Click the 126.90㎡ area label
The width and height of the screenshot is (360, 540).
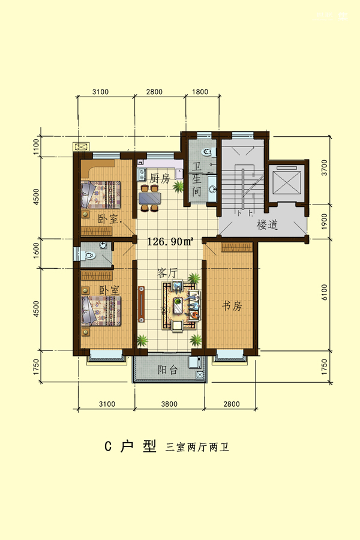[170, 241]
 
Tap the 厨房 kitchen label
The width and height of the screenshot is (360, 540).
[160, 178]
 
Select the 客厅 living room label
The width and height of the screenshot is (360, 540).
[167, 273]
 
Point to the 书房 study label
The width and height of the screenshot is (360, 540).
[232, 305]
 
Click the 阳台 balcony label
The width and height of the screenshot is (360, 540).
[168, 370]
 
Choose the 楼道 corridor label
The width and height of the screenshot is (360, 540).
[268, 225]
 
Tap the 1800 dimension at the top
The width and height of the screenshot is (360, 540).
[200, 92]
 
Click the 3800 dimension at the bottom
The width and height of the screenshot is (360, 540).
[169, 404]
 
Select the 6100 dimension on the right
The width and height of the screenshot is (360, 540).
[324, 292]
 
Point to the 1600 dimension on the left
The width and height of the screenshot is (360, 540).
[36, 251]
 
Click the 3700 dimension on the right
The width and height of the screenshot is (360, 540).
[324, 168]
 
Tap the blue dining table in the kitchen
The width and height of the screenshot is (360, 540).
[150, 198]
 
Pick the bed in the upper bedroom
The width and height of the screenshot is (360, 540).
[101, 195]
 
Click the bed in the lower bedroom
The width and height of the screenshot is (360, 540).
[101, 311]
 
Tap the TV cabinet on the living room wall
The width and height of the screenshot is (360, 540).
[142, 304]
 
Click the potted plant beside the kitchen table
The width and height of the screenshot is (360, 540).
[178, 187]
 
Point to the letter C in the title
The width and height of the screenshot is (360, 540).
[108, 446]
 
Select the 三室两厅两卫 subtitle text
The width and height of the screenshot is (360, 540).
[197, 447]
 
